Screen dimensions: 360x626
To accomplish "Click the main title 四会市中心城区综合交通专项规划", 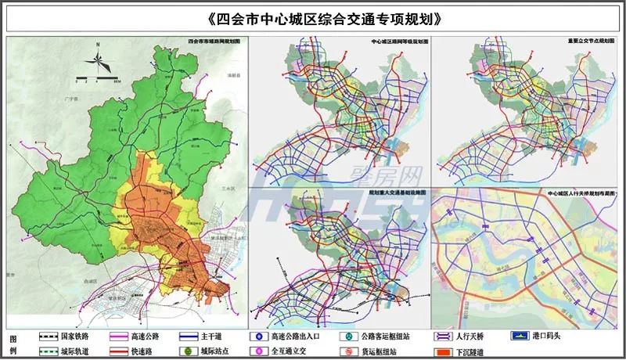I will (x=313, y=18).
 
